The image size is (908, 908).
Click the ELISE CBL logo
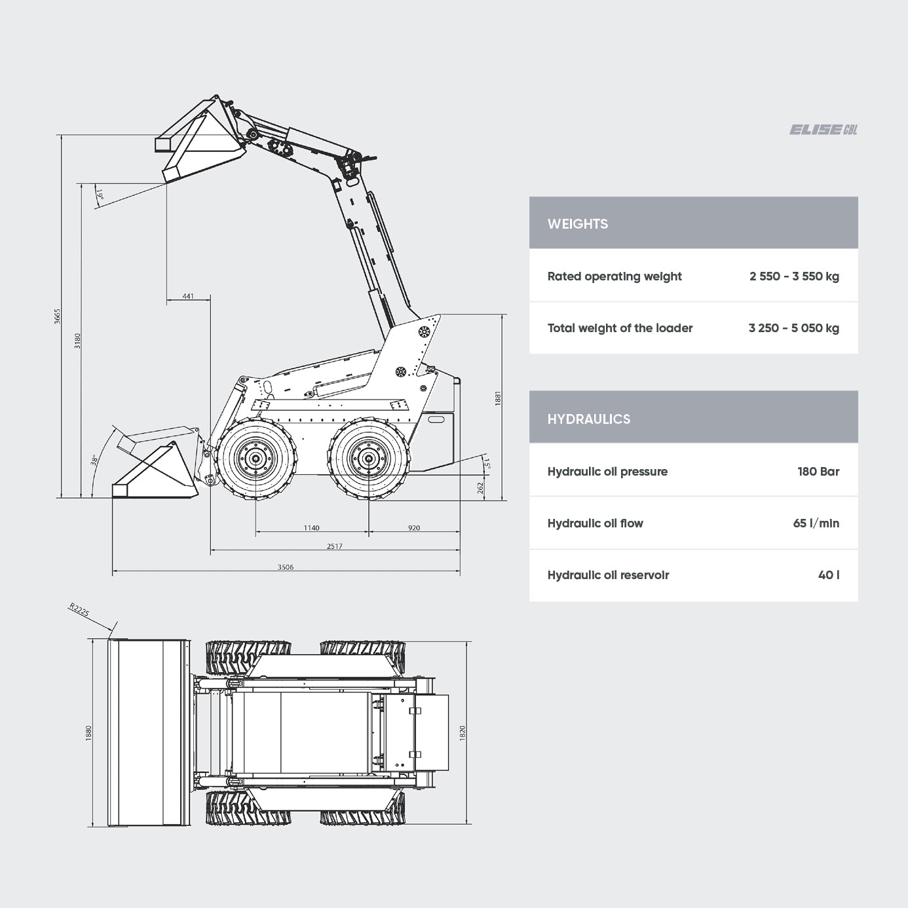823,130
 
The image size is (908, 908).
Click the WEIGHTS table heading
578,224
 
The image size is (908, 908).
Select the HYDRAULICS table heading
588,419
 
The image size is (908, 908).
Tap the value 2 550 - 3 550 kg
794,276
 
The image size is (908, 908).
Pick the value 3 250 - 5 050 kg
793,328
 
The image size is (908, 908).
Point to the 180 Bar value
818,472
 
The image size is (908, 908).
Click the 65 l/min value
816,523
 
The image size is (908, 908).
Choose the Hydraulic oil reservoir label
608,575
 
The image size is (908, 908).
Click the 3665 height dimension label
57,316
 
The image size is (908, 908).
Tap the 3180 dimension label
77,341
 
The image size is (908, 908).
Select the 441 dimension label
187,296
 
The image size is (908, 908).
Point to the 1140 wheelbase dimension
311,528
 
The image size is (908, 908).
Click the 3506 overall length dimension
285,567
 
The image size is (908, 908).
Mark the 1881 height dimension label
498,398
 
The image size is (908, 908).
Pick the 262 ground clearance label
480,487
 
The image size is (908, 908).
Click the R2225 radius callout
79,609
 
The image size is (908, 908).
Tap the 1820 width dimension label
462,733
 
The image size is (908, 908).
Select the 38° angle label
94,459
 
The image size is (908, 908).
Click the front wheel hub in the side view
256,459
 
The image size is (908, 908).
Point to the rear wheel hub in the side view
368,459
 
